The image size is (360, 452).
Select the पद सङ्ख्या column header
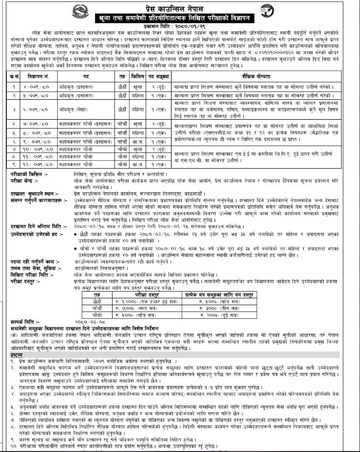pyautogui.click(x=160, y=76)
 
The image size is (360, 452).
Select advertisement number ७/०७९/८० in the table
pyautogui.click(x=36, y=124)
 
